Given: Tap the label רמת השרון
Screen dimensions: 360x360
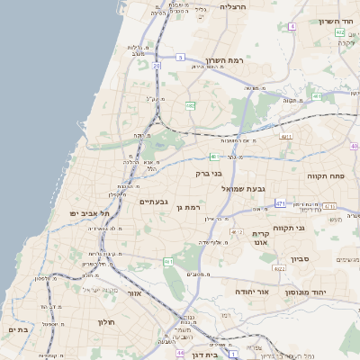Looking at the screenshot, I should coord(225,61).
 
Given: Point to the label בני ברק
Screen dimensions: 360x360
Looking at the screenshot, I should coord(208,173).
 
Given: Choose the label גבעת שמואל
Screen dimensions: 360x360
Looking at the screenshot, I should coord(245,188).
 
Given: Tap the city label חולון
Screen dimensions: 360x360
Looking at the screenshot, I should coord(104,321).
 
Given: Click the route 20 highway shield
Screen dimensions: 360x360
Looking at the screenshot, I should coord(157,66).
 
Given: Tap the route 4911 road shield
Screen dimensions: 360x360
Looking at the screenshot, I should coord(286,136).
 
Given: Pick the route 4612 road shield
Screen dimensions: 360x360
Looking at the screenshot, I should coord(237,232).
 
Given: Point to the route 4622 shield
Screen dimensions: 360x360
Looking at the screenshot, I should coord(280,268).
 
